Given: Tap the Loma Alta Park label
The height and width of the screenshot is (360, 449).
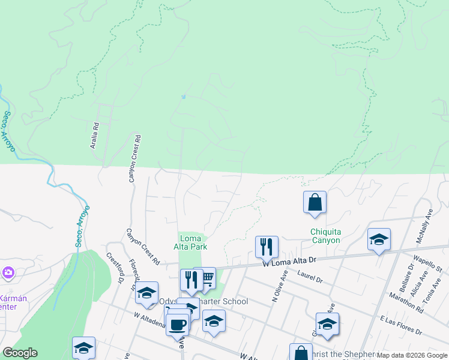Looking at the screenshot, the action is pyautogui.click(x=191, y=242).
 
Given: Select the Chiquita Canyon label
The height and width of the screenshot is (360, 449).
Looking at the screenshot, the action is pyautogui.click(x=325, y=236).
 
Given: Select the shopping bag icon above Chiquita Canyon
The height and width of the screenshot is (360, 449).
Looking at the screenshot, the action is pyautogui.click(x=315, y=203).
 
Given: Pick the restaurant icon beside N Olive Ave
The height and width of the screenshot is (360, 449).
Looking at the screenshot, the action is pyautogui.click(x=267, y=246).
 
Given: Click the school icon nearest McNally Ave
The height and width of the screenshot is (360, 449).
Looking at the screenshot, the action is pyautogui.click(x=379, y=239).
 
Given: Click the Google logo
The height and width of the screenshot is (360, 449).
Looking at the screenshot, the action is pyautogui.click(x=20, y=353).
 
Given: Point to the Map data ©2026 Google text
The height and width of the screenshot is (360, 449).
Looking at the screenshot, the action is pyautogui.click(x=412, y=355).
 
